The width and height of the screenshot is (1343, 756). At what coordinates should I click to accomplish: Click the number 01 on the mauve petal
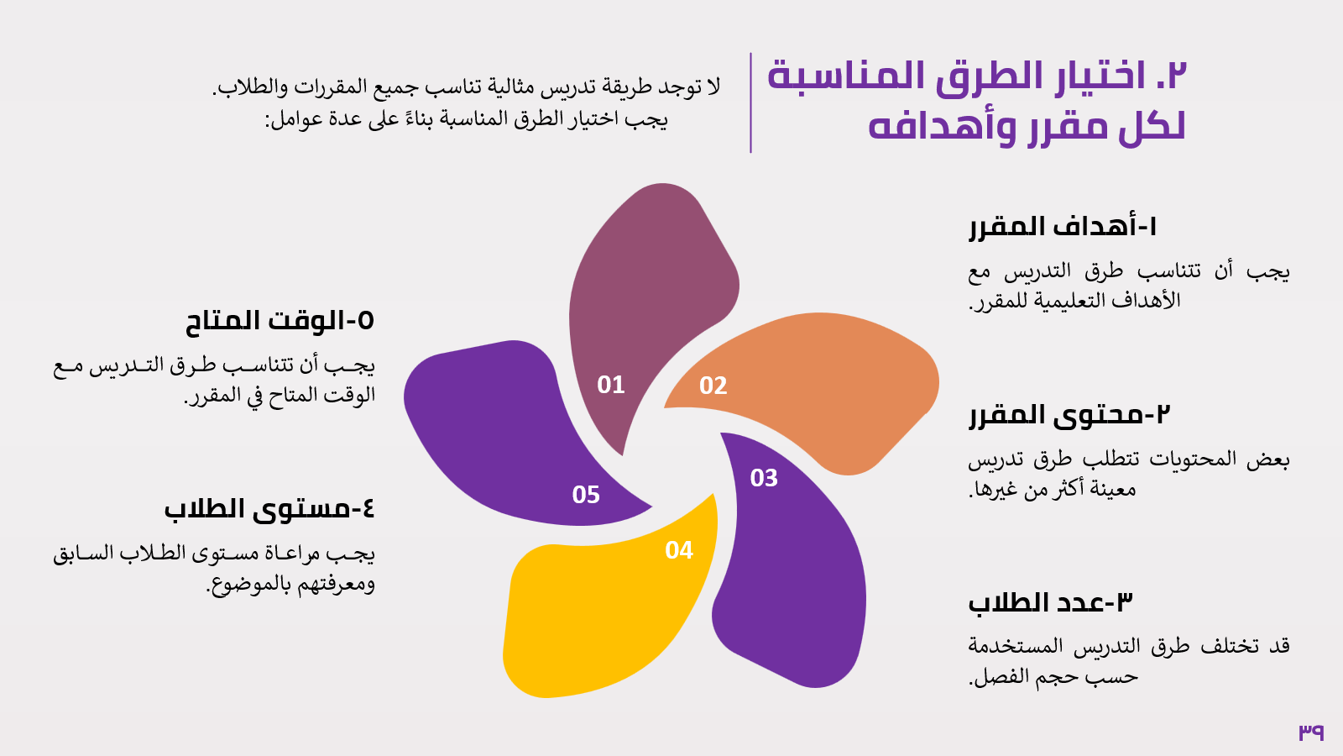[x=611, y=385]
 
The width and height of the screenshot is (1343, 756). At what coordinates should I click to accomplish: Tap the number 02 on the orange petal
[x=713, y=386]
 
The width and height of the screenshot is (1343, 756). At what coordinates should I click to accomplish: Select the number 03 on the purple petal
[x=764, y=478]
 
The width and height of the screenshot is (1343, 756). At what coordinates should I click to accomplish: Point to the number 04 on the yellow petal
[x=679, y=550]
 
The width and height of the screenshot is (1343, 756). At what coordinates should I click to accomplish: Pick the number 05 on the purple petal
[x=586, y=495]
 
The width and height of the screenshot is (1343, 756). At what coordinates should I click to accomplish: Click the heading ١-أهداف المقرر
[x=1063, y=227]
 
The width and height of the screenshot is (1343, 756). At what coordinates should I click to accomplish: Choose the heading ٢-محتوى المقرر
[x=1069, y=415]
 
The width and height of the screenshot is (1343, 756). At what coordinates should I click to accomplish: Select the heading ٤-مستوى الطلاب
[x=269, y=509]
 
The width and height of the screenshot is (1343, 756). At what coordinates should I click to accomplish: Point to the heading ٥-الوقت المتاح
[x=280, y=321]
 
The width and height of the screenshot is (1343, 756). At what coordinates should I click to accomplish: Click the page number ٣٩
[x=1311, y=732]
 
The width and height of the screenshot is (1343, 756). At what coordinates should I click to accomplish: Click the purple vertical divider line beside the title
[x=750, y=102]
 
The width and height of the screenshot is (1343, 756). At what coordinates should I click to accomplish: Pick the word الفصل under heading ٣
[x=1000, y=677]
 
